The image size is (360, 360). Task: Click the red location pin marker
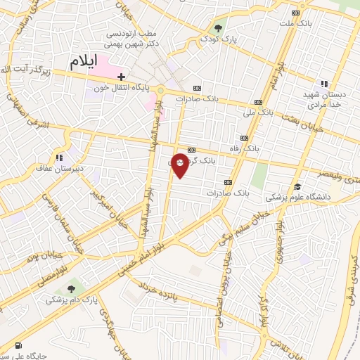181,164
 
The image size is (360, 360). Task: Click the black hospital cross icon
122,76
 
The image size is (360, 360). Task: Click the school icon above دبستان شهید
325,82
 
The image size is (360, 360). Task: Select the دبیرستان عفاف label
59,169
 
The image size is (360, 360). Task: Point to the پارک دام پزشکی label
70,300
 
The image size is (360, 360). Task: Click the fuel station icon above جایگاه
17,346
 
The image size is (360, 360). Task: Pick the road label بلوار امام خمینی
145,251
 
